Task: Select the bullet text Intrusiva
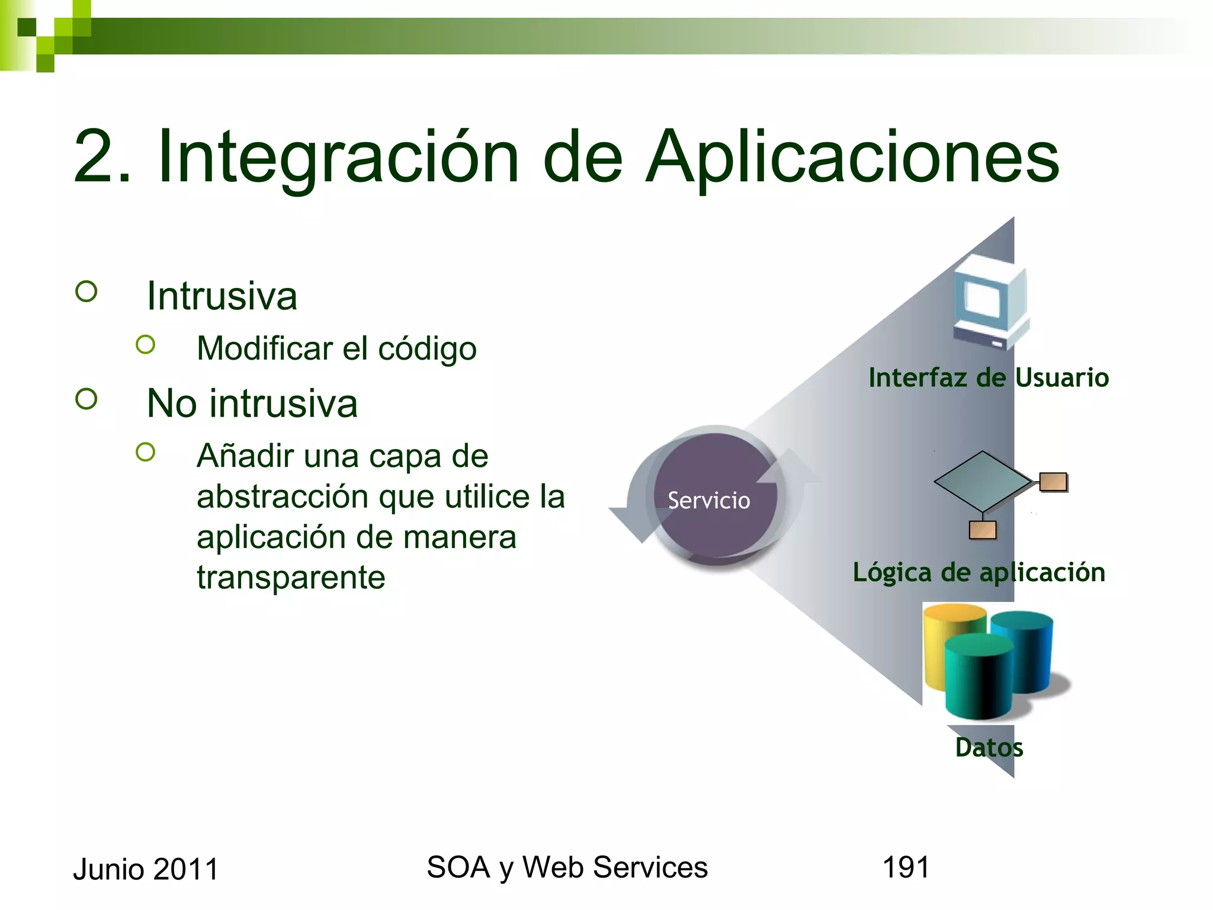[222, 296]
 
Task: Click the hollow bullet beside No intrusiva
[86, 399]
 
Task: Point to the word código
[427, 348]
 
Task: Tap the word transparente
[291, 577]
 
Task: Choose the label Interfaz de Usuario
[988, 377]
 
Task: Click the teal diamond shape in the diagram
[983, 480]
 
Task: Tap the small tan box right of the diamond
[1053, 482]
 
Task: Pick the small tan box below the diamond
[982, 530]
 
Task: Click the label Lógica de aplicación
[978, 572]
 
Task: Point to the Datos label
[989, 748]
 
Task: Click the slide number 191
[906, 867]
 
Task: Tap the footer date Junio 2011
[146, 869]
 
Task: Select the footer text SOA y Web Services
[567, 867]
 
